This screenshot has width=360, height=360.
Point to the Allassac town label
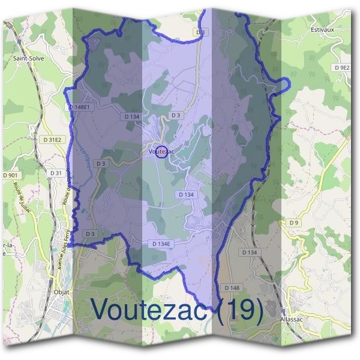[294, 320]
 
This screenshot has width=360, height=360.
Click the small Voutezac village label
[161, 152]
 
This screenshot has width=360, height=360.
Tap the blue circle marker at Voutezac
[161, 151]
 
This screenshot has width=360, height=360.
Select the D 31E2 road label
[53, 140]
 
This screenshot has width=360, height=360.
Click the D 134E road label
[162, 244]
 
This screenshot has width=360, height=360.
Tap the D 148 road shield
[231, 287]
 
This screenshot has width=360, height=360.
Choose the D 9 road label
[293, 223]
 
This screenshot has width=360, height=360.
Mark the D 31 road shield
[56, 173]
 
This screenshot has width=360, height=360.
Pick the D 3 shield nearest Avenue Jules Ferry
[90, 233]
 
